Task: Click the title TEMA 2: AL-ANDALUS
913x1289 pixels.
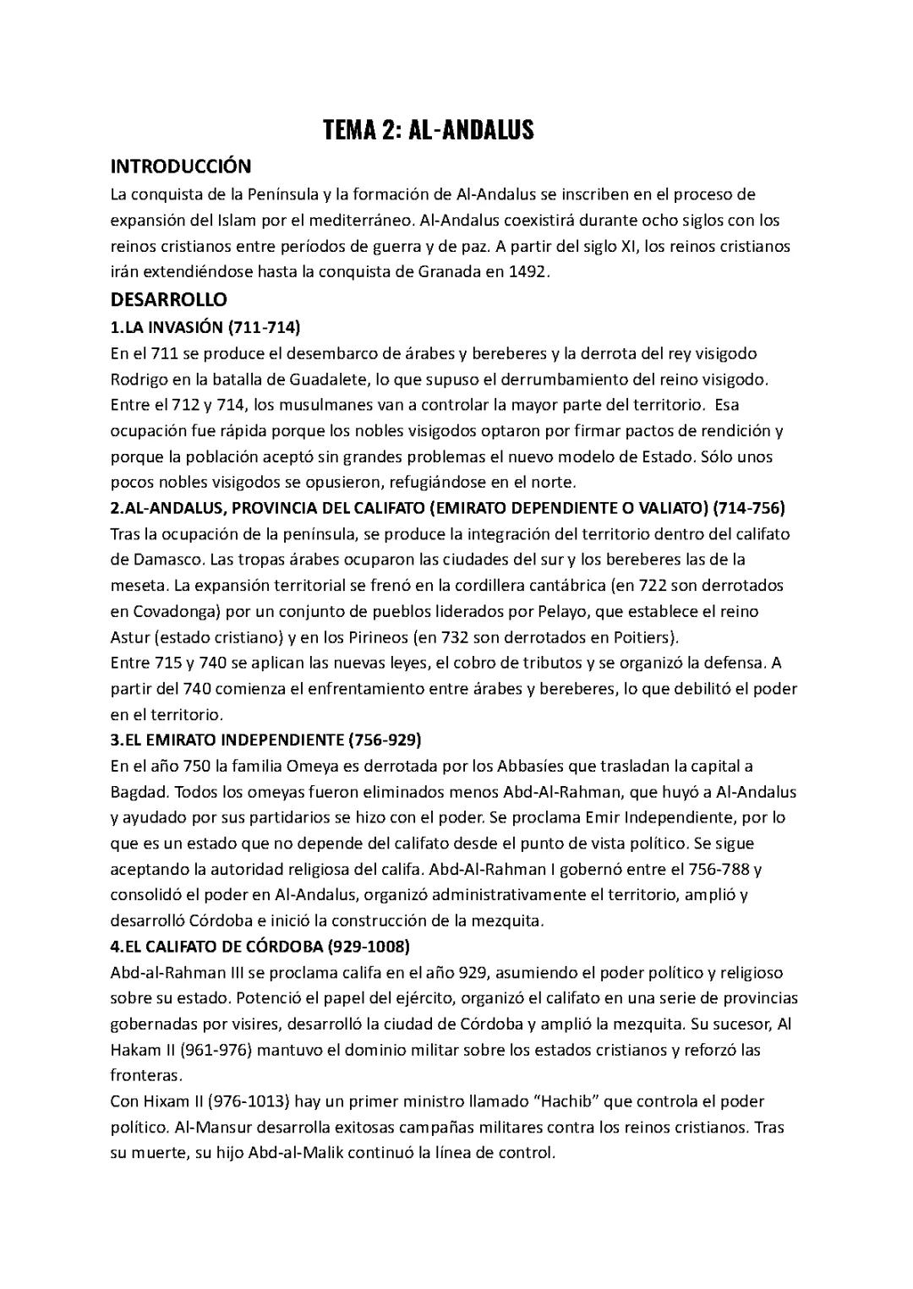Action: click(x=429, y=130)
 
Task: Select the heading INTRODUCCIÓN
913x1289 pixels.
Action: click(x=181, y=167)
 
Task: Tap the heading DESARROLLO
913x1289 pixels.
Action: click(x=169, y=299)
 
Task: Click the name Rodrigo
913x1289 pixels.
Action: click(x=139, y=378)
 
